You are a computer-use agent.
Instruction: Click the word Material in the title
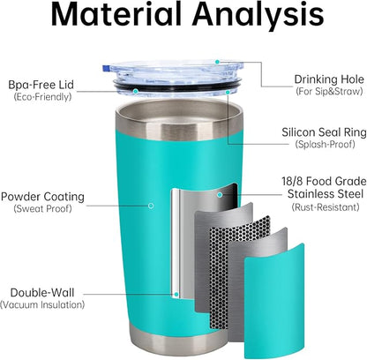pyautogui.click(x=116, y=14)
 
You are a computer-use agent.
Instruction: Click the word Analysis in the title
pyautogui.click(x=258, y=16)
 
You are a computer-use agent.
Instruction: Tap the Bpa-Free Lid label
pyautogui.click(x=41, y=85)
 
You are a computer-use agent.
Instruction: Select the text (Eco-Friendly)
pyautogui.click(x=42, y=97)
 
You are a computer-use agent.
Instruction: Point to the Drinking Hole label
pyautogui.click(x=329, y=79)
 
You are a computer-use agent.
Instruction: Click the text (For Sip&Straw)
pyautogui.click(x=329, y=91)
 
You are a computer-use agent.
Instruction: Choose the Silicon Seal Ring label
pyautogui.click(x=324, y=132)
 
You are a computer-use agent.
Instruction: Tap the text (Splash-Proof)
pyautogui.click(x=325, y=144)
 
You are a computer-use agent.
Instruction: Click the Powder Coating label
pyautogui.click(x=42, y=197)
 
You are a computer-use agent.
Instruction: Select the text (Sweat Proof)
pyautogui.click(x=42, y=209)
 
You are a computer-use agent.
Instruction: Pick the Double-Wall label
pyautogui.click(x=42, y=293)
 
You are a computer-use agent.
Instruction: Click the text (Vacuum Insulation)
pyautogui.click(x=42, y=304)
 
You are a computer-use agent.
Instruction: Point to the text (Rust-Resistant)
pyautogui.click(x=326, y=207)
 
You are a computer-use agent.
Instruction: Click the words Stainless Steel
pyautogui.click(x=326, y=194)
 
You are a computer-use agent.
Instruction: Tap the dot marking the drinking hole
pyautogui.click(x=217, y=62)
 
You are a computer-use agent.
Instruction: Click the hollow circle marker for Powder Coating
pyautogui.click(x=151, y=206)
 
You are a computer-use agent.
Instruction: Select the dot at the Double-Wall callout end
pyautogui.click(x=176, y=294)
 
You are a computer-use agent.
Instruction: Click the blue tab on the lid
pyautogui.click(x=105, y=68)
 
